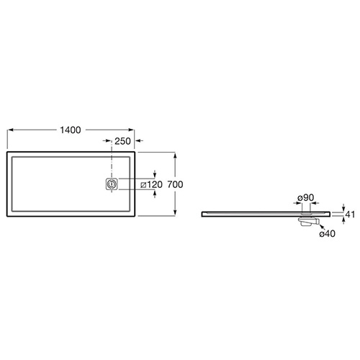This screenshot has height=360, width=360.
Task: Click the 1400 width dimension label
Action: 71,130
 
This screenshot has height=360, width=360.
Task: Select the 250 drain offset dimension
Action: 122,141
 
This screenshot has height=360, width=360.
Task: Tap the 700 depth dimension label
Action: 175,184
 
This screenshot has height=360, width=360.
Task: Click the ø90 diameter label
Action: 306,197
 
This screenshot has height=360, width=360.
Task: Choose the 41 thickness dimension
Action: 350,215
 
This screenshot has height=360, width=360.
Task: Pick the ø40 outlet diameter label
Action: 327,233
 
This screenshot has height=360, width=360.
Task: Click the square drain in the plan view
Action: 112,184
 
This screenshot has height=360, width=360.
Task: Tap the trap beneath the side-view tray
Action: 308,222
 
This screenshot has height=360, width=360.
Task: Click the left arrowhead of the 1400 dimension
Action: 11,130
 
